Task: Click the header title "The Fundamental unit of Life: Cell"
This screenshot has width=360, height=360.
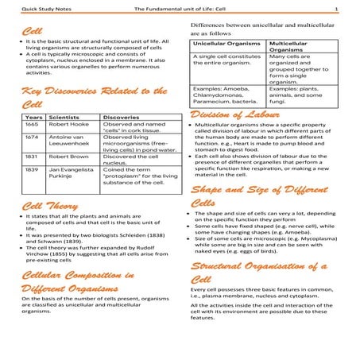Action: point(188,9)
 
